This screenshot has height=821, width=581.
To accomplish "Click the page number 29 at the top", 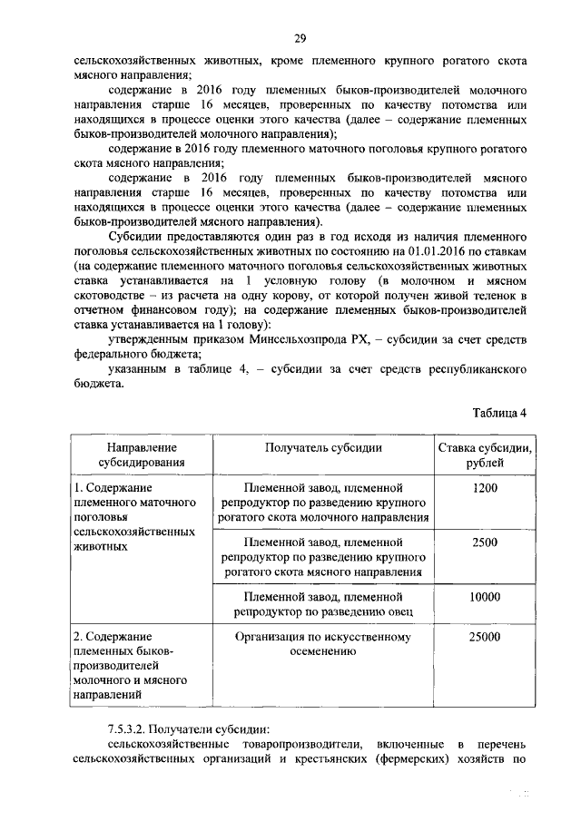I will point(299,37).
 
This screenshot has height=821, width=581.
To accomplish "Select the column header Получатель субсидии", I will point(323,447).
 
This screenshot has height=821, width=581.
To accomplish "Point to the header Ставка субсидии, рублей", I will point(485,454).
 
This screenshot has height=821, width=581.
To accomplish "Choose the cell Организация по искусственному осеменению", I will point(323,644).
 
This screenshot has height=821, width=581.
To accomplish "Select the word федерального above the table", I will point(112,354).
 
